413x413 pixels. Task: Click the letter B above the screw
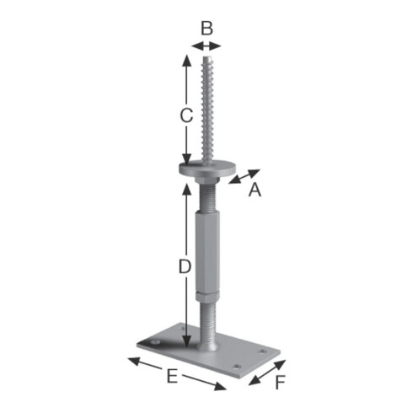pyautogui.click(x=207, y=29)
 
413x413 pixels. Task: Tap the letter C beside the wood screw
pyautogui.click(x=186, y=115)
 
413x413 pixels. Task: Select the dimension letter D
pyautogui.click(x=185, y=266)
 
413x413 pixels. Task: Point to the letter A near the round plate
pyautogui.click(x=255, y=190)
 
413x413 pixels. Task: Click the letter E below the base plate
pyautogui.click(x=172, y=376)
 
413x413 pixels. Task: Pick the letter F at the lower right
pyautogui.click(x=280, y=382)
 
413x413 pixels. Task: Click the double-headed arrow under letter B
pyautogui.click(x=206, y=46)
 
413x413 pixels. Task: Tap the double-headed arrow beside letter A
pyautogui.click(x=244, y=176)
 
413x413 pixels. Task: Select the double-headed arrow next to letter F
pyautogui.click(x=267, y=373)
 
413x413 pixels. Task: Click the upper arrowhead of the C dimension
pyautogui.click(x=186, y=61)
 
